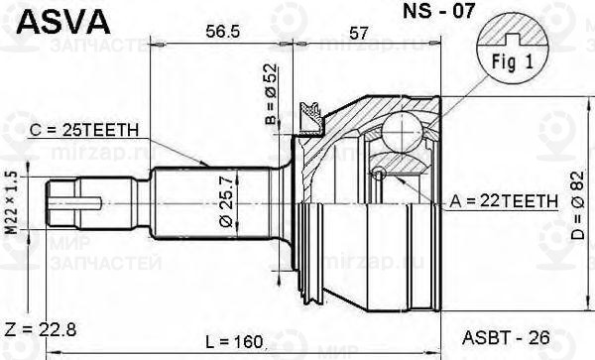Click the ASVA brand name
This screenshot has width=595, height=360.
click(x=47, y=19)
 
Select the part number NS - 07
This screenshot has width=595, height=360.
click(x=410, y=15)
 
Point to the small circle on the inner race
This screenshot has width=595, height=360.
click(x=379, y=174)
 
